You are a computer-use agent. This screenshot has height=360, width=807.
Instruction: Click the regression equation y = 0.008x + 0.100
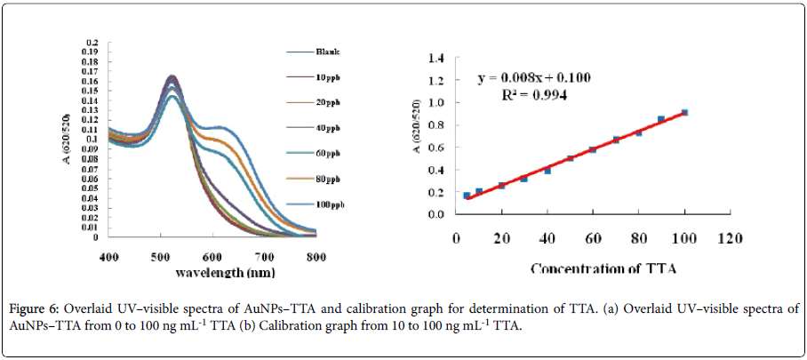[534, 77]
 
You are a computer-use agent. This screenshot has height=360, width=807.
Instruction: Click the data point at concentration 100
[684, 112]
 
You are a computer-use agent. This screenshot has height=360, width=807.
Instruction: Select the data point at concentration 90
[661, 119]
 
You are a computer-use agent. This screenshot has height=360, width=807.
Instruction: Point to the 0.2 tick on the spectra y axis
[91, 42]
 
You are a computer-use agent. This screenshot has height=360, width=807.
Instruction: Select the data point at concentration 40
[547, 170]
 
